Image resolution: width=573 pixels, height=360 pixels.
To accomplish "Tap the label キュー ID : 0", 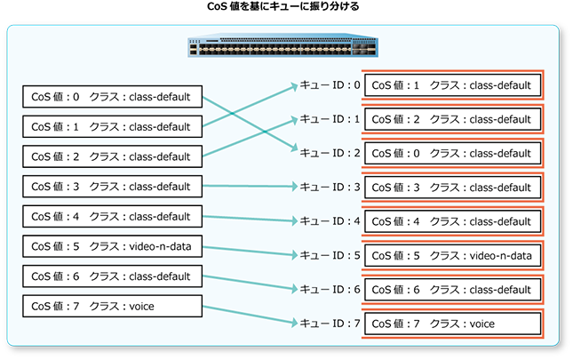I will click(329, 86).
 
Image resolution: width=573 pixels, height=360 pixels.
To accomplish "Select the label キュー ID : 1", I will click(329, 119).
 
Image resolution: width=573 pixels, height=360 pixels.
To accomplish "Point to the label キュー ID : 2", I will click(329, 153).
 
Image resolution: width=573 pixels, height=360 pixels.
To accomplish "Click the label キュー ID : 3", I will click(329, 188).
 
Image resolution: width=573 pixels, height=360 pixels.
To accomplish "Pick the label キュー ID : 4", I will click(329, 221).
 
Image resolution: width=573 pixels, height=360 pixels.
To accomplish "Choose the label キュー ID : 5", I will click(329, 255).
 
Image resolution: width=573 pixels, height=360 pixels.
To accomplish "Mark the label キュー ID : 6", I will click(329, 290).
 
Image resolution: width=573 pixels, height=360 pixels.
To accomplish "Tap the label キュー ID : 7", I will click(329, 324).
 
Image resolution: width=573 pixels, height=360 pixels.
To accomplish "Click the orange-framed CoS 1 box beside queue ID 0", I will click(452, 85).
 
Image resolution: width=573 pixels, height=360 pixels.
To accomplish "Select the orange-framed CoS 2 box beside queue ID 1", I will click(452, 119).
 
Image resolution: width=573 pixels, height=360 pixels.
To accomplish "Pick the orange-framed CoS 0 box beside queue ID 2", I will click(452, 153).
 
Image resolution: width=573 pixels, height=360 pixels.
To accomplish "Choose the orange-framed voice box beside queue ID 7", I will click(452, 324).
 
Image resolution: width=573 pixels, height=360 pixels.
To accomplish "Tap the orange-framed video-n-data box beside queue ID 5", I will click(452, 255).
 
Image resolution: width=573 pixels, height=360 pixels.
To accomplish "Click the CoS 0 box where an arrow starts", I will click(112, 97).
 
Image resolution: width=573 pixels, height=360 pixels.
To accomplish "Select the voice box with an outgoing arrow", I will click(112, 307).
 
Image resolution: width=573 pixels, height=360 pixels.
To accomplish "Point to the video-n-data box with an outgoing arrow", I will click(112, 246).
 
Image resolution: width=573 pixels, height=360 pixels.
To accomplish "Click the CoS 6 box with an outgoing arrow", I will click(112, 276).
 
